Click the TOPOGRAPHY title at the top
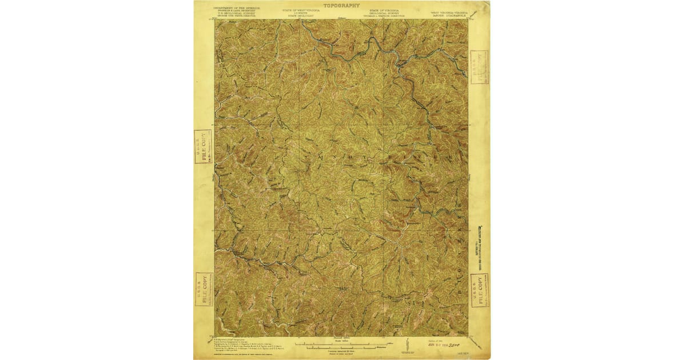[342, 5]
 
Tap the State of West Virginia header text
[301, 13]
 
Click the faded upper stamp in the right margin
[479, 67]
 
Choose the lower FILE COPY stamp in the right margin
[480, 290]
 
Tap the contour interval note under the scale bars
[341, 350]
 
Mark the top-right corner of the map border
[468, 19]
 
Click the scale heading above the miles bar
[341, 339]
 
